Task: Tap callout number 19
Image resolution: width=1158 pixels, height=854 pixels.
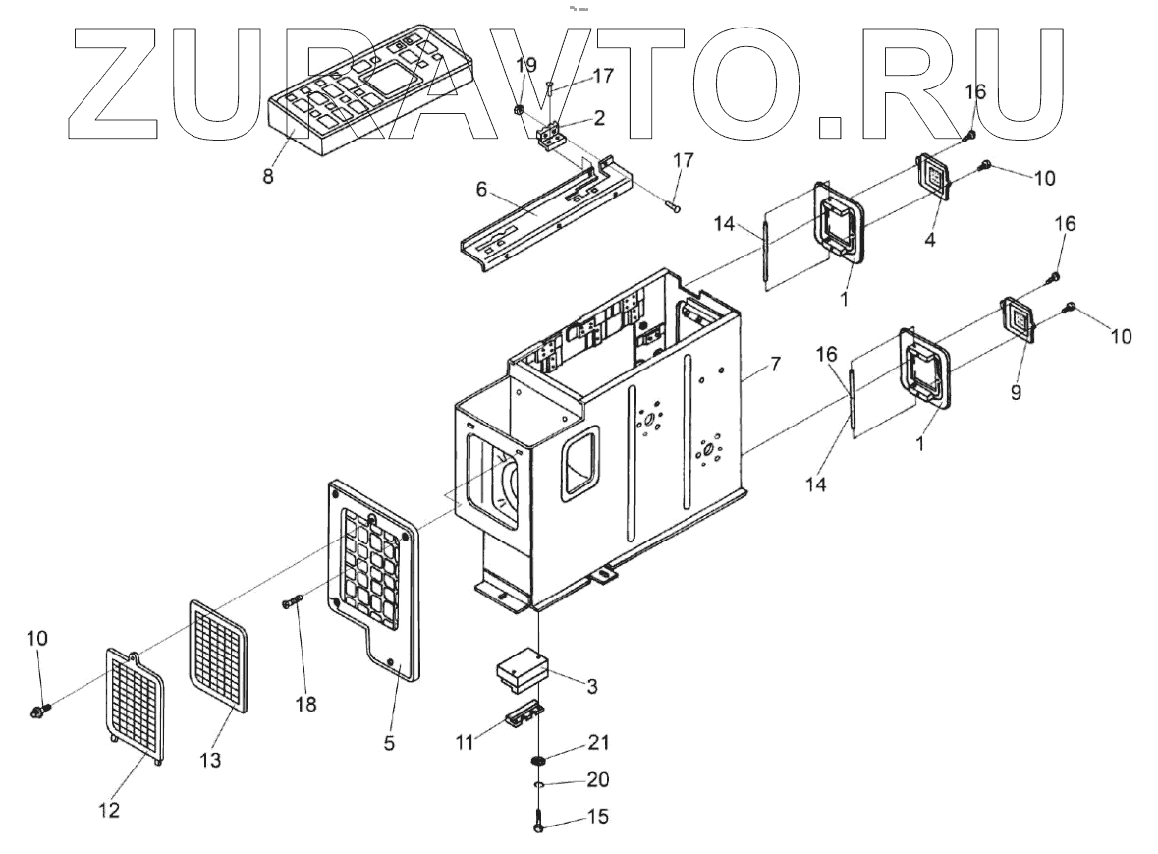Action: [527, 66]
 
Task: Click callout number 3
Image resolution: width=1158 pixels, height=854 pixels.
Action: [592, 684]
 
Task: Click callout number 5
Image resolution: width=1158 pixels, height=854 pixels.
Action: [389, 744]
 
